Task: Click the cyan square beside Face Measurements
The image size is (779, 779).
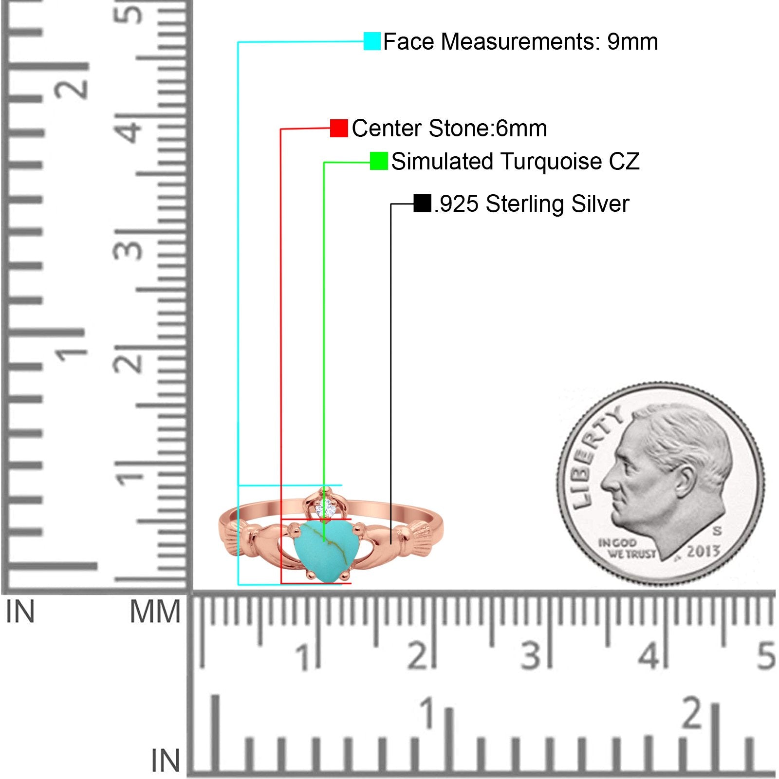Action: tap(372, 41)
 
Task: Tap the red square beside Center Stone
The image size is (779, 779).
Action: tap(339, 129)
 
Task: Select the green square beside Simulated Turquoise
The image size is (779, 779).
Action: tap(379, 161)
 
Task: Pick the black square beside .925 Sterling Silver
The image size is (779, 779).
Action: tap(422, 204)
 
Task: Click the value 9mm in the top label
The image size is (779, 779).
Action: tap(632, 42)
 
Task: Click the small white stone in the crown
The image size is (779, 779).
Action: tap(325, 509)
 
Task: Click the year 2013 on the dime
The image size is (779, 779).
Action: tap(703, 552)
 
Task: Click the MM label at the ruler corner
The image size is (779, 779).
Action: tap(155, 612)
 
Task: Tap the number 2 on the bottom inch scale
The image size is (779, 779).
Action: tap(692, 714)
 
